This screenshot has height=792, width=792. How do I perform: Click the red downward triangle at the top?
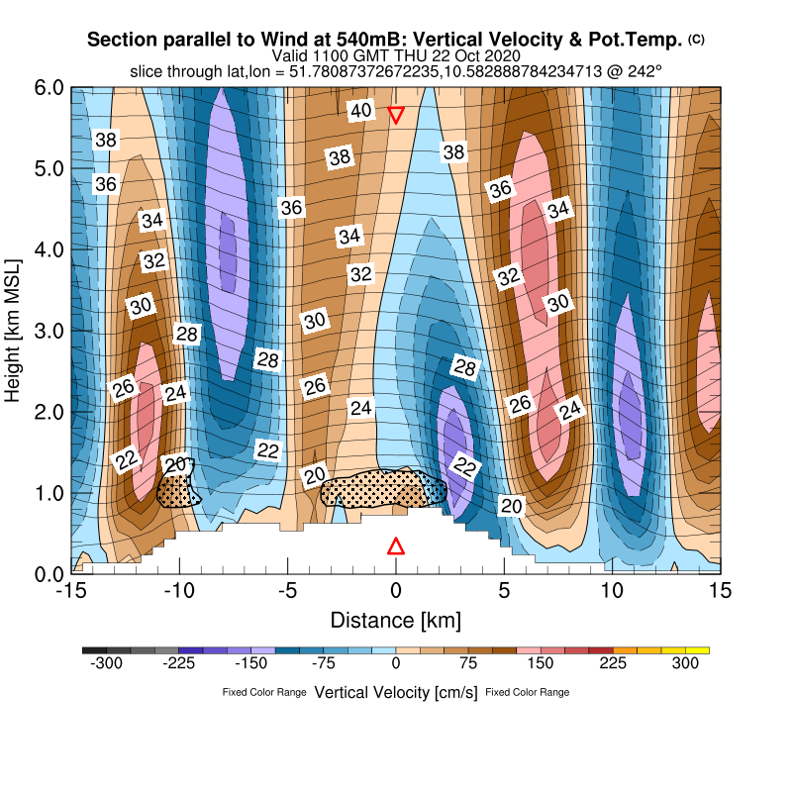coord(396,115)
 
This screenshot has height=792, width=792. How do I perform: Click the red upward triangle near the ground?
coord(396,546)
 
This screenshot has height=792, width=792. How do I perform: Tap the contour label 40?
coord(361,111)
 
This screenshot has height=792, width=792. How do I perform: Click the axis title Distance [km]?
coord(395,621)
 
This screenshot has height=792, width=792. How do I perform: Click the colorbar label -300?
coord(106,666)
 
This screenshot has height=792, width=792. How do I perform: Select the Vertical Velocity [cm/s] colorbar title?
coord(395,692)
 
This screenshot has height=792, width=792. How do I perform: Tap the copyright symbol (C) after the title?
coord(696,40)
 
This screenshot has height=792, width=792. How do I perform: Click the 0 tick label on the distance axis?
coord(396,590)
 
